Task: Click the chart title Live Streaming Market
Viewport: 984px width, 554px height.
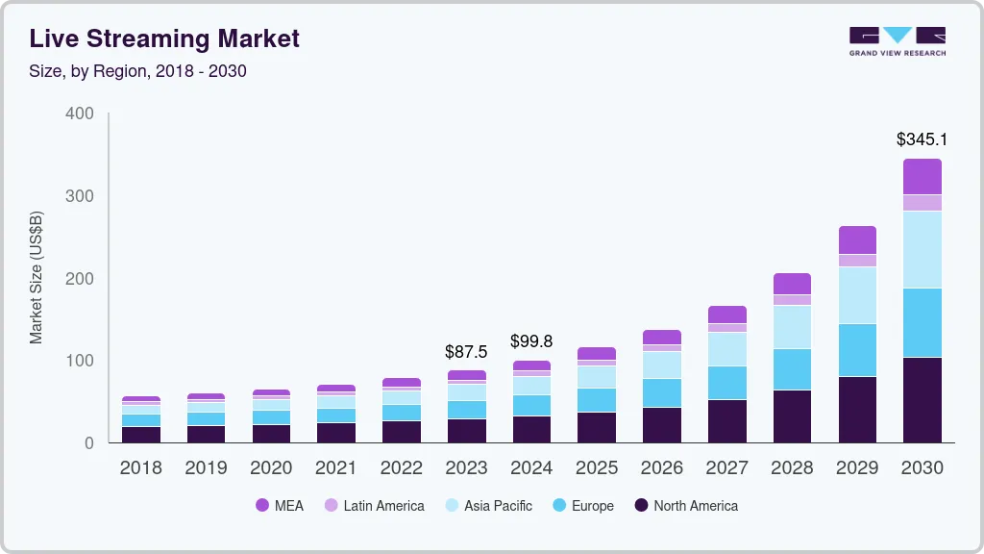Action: pyautogui.click(x=164, y=38)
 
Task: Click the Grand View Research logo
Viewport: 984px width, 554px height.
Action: pyautogui.click(x=897, y=40)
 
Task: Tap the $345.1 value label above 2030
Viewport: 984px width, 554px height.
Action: pyautogui.click(x=922, y=139)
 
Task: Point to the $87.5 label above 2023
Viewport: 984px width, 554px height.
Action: pyautogui.click(x=467, y=352)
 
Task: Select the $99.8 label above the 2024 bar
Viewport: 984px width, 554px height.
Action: pyautogui.click(x=531, y=341)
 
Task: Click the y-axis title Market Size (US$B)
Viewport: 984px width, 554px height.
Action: pyautogui.click(x=37, y=278)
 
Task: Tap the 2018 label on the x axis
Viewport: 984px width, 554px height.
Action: pyautogui.click(x=140, y=468)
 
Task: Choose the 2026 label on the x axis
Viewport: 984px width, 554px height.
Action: pyautogui.click(x=662, y=468)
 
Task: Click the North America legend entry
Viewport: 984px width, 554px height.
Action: pyautogui.click(x=685, y=505)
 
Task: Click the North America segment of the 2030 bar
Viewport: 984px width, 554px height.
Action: pyautogui.click(x=922, y=399)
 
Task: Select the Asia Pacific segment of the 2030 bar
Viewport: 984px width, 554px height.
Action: pyautogui.click(x=922, y=249)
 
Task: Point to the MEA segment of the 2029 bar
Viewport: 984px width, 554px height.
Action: pyautogui.click(x=857, y=239)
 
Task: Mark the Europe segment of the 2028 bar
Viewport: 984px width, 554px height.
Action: pyautogui.click(x=792, y=368)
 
